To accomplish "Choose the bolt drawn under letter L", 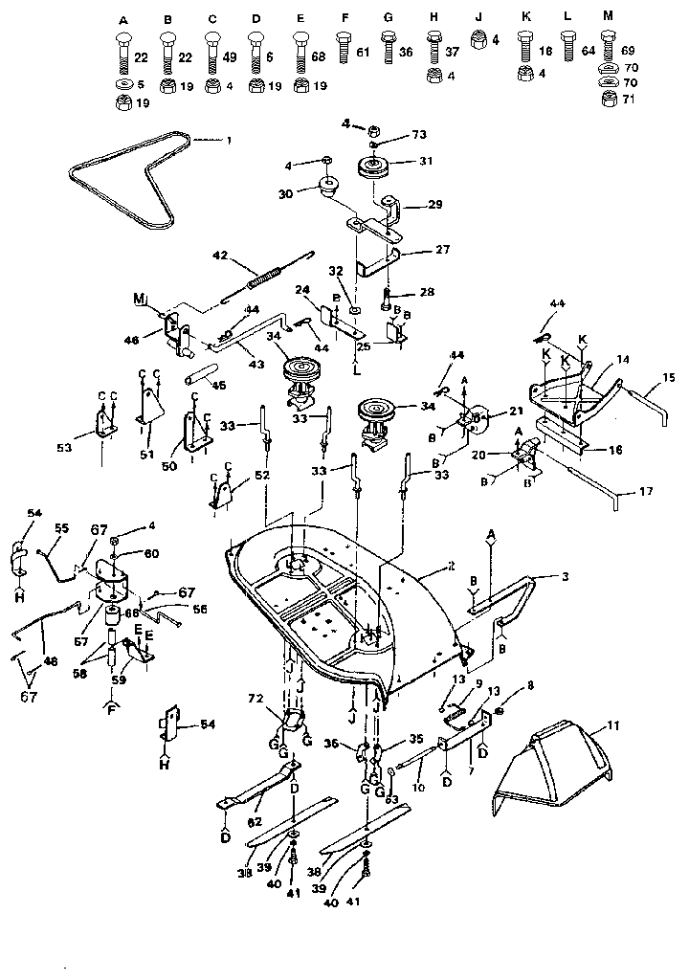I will [x=567, y=49].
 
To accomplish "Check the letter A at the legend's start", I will [x=123, y=19].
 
